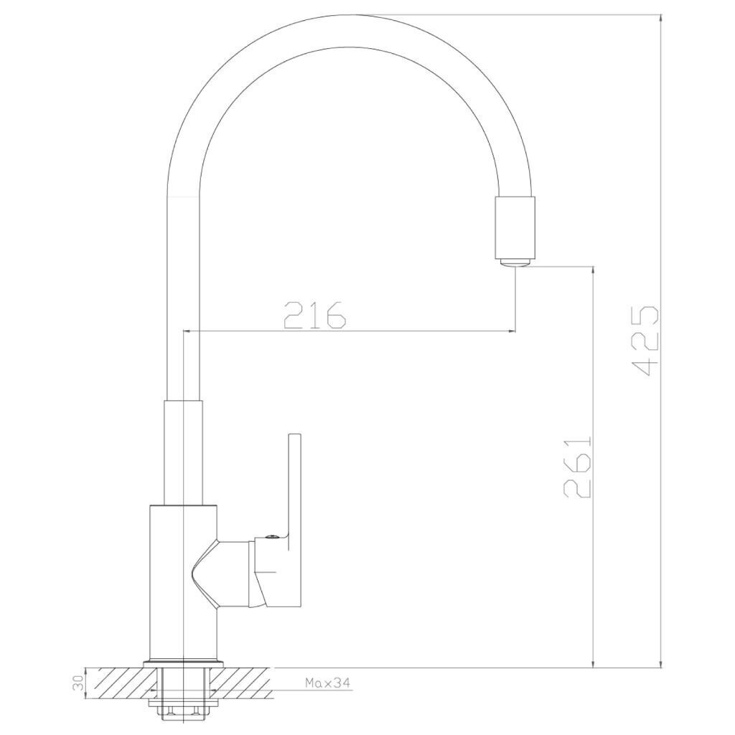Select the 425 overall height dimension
pos(645,341)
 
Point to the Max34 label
pos(327,683)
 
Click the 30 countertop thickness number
pos(79,683)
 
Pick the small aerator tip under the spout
pos(515,263)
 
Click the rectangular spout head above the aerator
pos(515,228)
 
